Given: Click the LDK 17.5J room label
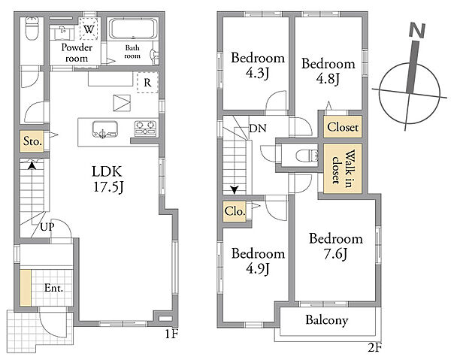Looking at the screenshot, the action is point(107,179).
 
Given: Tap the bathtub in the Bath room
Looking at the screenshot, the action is point(134,29).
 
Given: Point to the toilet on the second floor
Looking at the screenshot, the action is point(307,156).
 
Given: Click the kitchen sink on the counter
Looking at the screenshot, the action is point(105,130).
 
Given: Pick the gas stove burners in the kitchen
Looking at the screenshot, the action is point(146,129).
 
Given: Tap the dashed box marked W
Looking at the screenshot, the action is point(89,29).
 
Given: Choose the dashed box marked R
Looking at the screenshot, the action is point(147,83).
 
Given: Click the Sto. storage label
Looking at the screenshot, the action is point(32,141).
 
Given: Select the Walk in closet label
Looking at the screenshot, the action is point(343,168).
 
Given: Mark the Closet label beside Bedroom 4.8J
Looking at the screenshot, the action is point(343,127).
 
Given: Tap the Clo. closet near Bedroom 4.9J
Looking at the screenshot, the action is point(235,211).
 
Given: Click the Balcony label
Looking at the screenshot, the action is point(327,320).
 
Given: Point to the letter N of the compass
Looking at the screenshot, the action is point(417,31).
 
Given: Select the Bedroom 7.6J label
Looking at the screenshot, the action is point(336,247).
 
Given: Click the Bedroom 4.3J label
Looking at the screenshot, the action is point(258,65).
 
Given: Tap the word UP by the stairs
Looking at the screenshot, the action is point(47,227).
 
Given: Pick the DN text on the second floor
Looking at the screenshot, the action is point(258,129).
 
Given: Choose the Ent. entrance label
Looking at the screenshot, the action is point(54,288).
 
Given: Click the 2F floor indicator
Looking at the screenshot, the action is point(374,348).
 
